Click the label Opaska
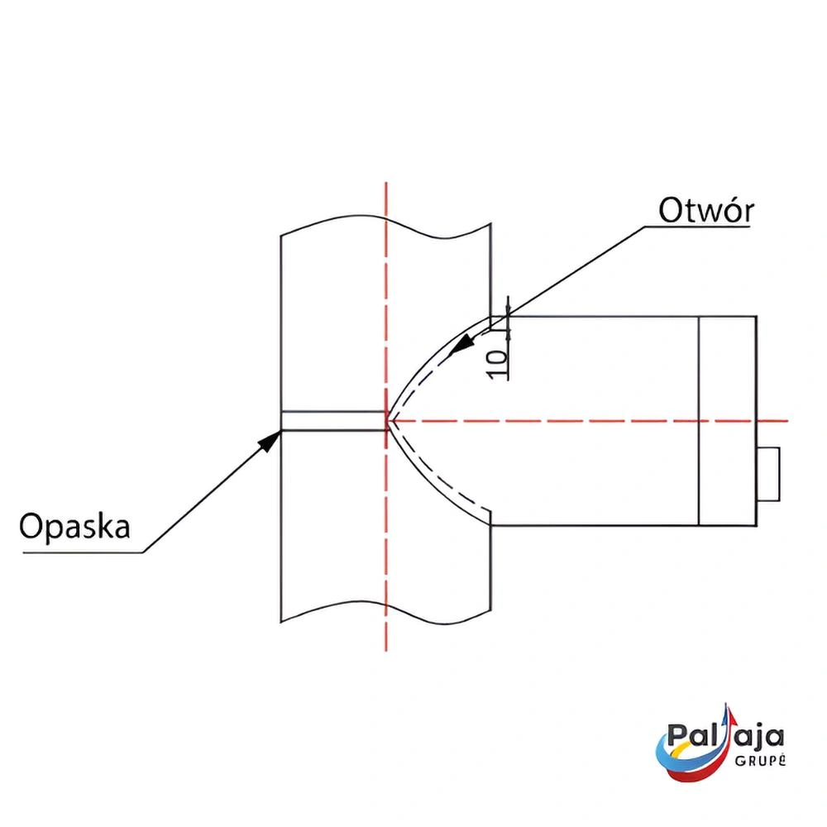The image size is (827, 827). (75, 526)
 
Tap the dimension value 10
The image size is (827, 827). (497, 364)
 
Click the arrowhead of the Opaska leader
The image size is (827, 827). (272, 437)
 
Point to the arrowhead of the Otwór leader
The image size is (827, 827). (457, 347)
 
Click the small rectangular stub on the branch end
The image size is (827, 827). (767, 474)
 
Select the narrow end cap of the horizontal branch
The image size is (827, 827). (728, 421)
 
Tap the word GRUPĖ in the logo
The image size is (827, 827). (759, 761)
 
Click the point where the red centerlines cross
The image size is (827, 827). (386, 421)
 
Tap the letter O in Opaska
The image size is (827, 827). (31, 526)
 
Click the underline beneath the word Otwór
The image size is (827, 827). (699, 227)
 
